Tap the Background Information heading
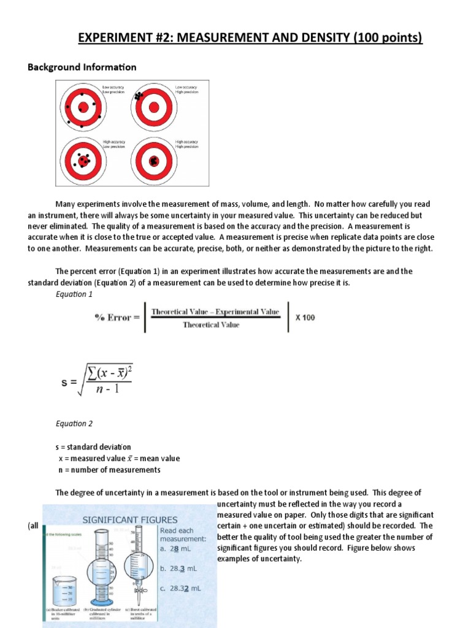point(82,67)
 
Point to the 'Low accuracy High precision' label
point(187,90)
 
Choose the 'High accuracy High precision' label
point(187,145)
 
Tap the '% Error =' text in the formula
point(117,317)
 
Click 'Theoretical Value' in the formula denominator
point(211,325)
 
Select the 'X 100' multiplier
point(305,318)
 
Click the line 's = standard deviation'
point(93,447)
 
